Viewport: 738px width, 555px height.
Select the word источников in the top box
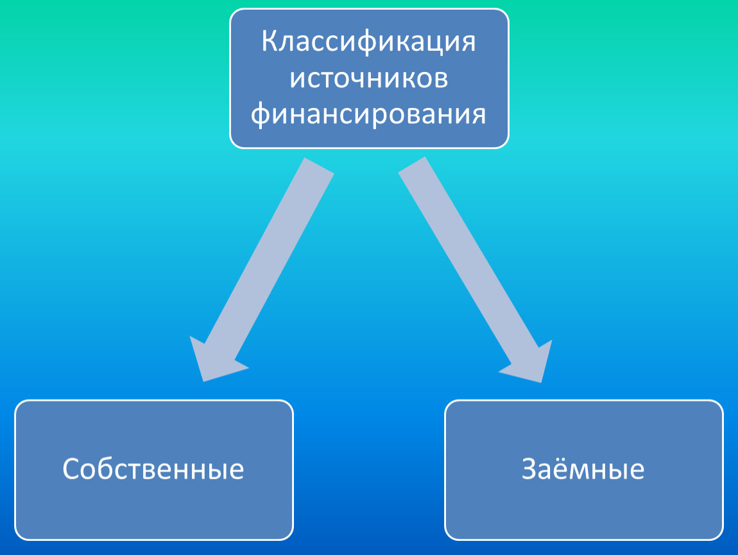[x=368, y=78]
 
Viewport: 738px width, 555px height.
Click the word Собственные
[x=153, y=470]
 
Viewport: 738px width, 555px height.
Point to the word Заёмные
[x=583, y=469]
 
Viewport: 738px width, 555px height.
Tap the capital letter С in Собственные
[x=71, y=470]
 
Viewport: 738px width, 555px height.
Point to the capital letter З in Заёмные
[x=529, y=469]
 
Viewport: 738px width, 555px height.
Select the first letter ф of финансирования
[x=261, y=116]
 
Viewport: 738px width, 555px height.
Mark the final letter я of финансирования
[x=478, y=116]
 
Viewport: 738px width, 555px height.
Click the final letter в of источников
[x=440, y=78]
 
